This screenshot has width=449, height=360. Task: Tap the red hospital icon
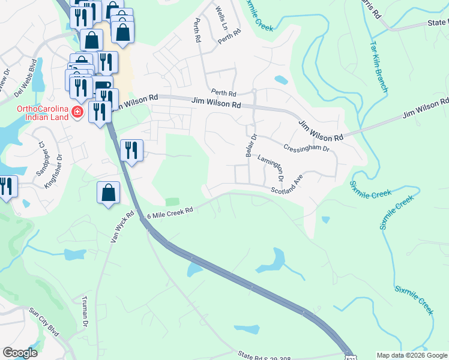pyautogui.click(x=77, y=112)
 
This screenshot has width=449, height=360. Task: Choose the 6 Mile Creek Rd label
pyautogui.click(x=171, y=211)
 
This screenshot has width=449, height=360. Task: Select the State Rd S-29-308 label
pyautogui.click(x=264, y=356)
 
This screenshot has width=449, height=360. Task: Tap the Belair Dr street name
pyautogui.click(x=251, y=145)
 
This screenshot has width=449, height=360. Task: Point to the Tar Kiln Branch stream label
pyautogui.click(x=379, y=66)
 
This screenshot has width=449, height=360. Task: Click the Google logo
pyautogui.click(x=20, y=353)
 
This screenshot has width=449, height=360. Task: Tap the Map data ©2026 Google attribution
pyautogui.click(x=412, y=355)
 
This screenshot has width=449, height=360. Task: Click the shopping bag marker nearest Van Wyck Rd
pyautogui.click(x=108, y=194)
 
